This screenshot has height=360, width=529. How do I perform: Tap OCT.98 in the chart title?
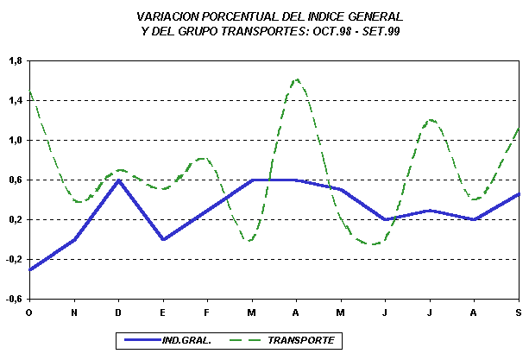(332, 31)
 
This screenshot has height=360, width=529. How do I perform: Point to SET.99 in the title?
(381, 31)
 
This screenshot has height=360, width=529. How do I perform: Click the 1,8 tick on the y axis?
(15, 61)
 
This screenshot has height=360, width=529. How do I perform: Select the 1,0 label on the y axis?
(15, 141)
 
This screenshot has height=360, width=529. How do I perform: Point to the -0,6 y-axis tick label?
(14, 299)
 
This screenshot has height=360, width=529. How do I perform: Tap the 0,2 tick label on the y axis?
(15, 219)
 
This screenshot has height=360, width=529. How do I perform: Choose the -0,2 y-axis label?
(14, 260)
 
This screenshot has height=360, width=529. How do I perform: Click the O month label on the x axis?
(29, 313)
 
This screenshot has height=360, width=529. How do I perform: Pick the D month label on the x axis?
(118, 313)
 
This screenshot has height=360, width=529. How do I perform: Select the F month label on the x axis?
(206, 313)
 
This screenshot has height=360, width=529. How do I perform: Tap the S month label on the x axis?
(519, 313)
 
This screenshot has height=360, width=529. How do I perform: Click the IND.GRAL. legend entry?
(186, 340)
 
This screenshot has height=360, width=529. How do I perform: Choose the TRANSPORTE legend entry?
(301, 340)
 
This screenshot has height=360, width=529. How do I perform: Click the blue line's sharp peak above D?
(118, 180)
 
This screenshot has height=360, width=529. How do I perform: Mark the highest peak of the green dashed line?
(297, 79)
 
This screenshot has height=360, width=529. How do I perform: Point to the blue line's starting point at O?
(30, 269)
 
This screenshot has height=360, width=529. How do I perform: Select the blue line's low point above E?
(163, 239)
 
